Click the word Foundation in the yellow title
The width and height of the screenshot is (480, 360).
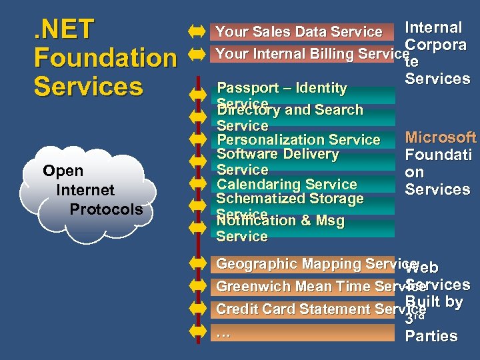[105, 58]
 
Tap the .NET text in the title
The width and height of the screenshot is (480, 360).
[64, 29]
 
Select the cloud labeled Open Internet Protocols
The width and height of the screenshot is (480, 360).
[93, 190]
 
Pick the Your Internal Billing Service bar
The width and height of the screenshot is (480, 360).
[307, 54]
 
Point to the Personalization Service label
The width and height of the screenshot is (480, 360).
[298, 140]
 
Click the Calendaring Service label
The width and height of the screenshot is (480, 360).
[287, 184]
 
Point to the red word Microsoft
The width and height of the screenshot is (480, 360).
[441, 138]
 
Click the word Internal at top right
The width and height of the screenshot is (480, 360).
[433, 27]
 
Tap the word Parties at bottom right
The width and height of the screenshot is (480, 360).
[431, 336]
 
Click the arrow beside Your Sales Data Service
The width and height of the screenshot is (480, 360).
[197, 31]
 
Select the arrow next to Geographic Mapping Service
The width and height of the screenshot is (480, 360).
[197, 264]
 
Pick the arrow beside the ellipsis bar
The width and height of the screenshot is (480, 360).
[197, 332]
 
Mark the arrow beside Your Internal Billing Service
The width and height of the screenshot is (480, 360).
[197, 54]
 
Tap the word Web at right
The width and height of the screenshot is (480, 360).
[421, 267]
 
